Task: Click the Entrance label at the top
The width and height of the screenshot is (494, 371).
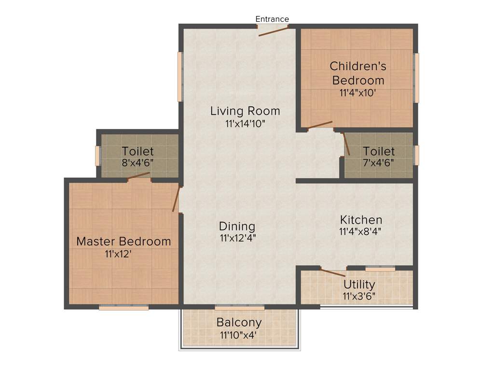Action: (x=272, y=19)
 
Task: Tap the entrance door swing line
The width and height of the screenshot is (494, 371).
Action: (x=273, y=31)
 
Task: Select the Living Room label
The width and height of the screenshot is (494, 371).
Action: (x=245, y=111)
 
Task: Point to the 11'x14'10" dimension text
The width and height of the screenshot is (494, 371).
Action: (x=245, y=124)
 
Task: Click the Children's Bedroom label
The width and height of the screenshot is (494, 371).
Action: (x=358, y=72)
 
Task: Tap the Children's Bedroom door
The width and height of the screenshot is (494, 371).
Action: (x=320, y=125)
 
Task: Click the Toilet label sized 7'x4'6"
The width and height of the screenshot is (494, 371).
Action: (x=379, y=151)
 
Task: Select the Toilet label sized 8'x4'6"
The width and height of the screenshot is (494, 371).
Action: (x=137, y=151)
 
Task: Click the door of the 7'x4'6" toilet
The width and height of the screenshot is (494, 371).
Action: (x=346, y=144)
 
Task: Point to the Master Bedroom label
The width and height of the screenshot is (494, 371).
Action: (x=123, y=241)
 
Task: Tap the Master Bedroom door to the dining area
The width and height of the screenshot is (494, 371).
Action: (x=177, y=199)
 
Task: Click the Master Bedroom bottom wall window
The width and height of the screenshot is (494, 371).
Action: (x=123, y=307)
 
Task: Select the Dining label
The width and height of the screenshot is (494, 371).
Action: (x=237, y=226)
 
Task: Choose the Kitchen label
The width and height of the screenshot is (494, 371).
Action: (x=361, y=220)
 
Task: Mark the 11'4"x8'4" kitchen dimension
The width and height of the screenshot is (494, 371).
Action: (x=360, y=231)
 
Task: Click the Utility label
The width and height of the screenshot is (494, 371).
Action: (x=359, y=284)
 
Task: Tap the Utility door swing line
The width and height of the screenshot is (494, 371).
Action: (x=333, y=272)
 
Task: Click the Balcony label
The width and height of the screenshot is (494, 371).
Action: (x=239, y=322)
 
